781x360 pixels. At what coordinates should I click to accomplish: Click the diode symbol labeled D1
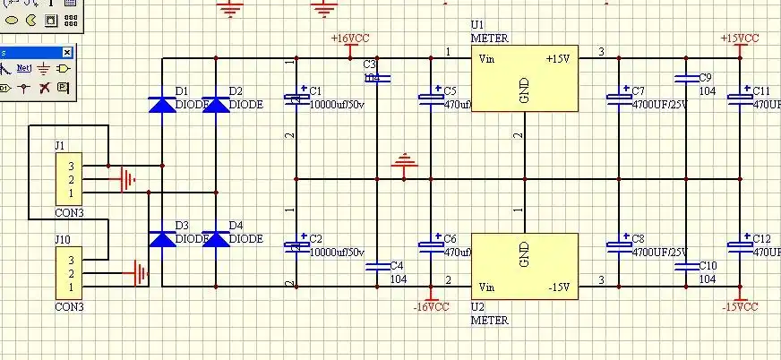[x=162, y=103]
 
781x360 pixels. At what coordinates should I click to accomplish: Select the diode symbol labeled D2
[x=216, y=103]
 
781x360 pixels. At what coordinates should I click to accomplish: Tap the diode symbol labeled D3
[x=162, y=238]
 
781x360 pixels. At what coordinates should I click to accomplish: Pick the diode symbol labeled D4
[x=216, y=238]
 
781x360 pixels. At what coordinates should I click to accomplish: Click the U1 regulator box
[x=526, y=80]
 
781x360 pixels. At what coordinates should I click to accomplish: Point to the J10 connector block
[x=69, y=273]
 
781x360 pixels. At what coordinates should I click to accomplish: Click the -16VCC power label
[x=431, y=307]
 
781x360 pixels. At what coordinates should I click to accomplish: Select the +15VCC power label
[x=740, y=39]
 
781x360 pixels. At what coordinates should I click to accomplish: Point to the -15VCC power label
[x=740, y=307]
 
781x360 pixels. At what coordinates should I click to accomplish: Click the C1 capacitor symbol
[x=296, y=99]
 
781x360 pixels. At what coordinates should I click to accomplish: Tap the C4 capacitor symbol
[x=377, y=265]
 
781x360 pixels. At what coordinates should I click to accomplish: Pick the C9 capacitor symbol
[x=686, y=78]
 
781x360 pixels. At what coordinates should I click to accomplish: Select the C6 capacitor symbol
[x=431, y=245]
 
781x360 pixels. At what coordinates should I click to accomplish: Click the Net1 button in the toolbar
[x=24, y=68]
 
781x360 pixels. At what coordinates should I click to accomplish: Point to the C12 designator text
[x=761, y=239]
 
